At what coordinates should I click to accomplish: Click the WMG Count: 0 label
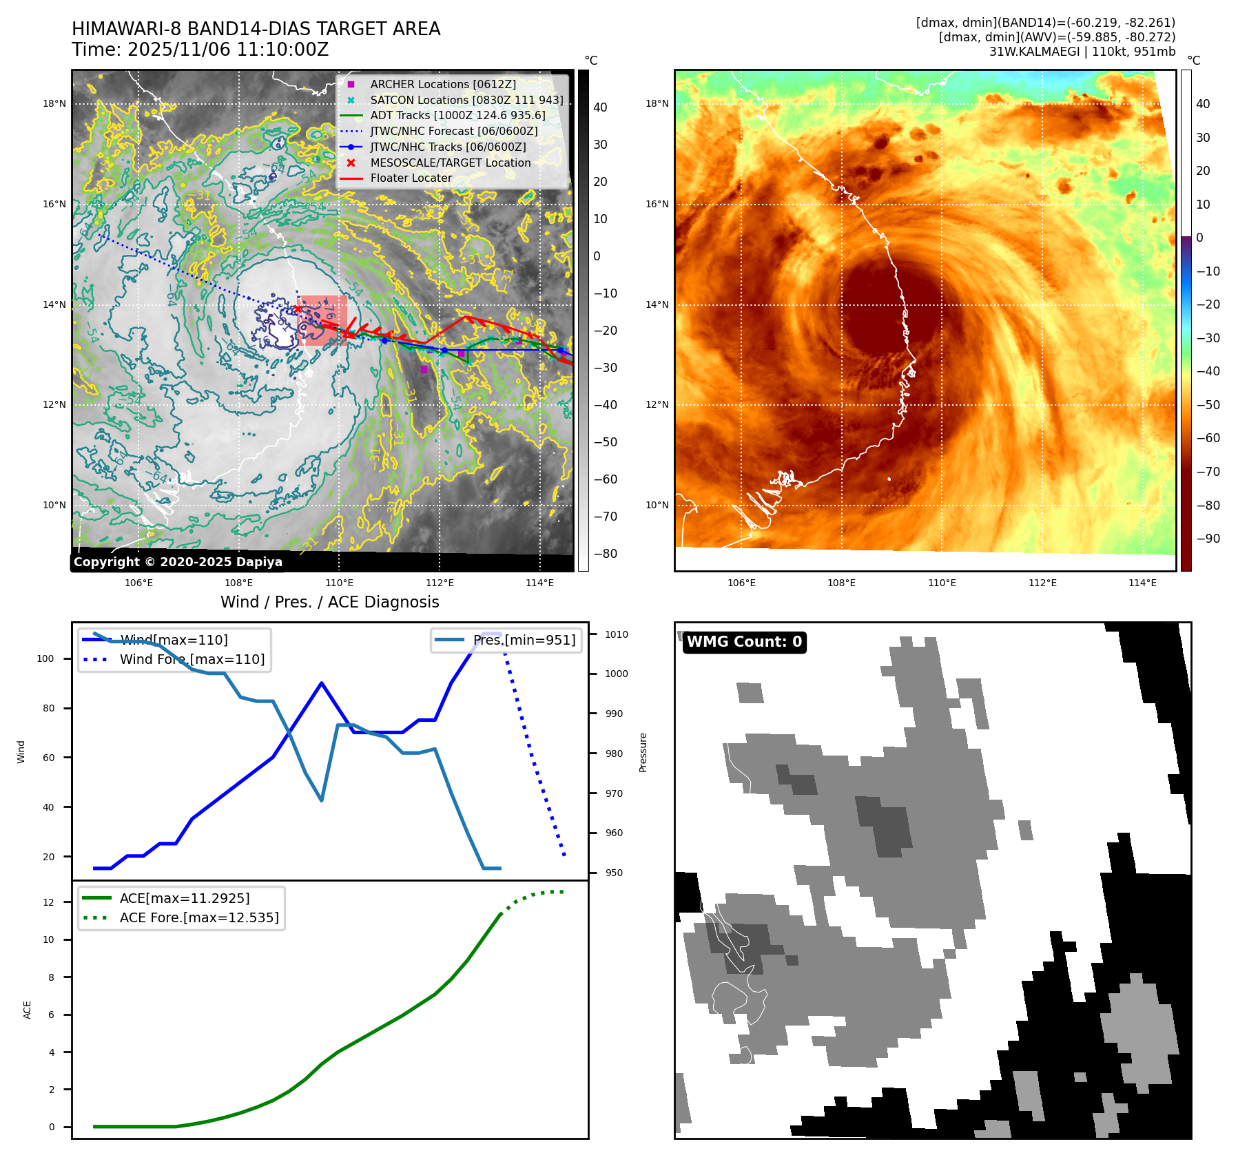click(744, 642)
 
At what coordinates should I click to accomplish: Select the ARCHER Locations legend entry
click(442, 84)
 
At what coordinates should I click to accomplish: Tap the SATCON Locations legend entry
click(466, 100)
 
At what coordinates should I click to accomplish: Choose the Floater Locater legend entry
click(411, 178)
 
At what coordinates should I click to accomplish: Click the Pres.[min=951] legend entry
click(524, 640)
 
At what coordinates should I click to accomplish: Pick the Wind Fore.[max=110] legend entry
click(192, 659)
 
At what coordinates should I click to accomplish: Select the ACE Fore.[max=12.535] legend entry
click(199, 917)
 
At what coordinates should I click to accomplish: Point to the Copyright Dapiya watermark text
click(178, 562)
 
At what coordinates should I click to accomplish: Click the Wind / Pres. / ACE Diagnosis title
click(329, 602)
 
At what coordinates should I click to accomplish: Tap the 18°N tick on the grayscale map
click(54, 104)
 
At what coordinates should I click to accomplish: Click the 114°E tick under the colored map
click(1142, 583)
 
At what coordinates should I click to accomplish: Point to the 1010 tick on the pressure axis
click(617, 634)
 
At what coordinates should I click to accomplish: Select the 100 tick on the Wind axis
click(45, 658)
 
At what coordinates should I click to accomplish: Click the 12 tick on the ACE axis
click(48, 902)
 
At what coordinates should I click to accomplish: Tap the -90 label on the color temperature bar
click(1208, 539)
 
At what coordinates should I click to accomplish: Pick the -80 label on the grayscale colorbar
click(605, 554)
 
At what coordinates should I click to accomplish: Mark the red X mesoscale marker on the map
click(297, 309)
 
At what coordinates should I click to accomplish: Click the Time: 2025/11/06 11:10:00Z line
click(200, 50)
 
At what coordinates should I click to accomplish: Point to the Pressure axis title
click(643, 752)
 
